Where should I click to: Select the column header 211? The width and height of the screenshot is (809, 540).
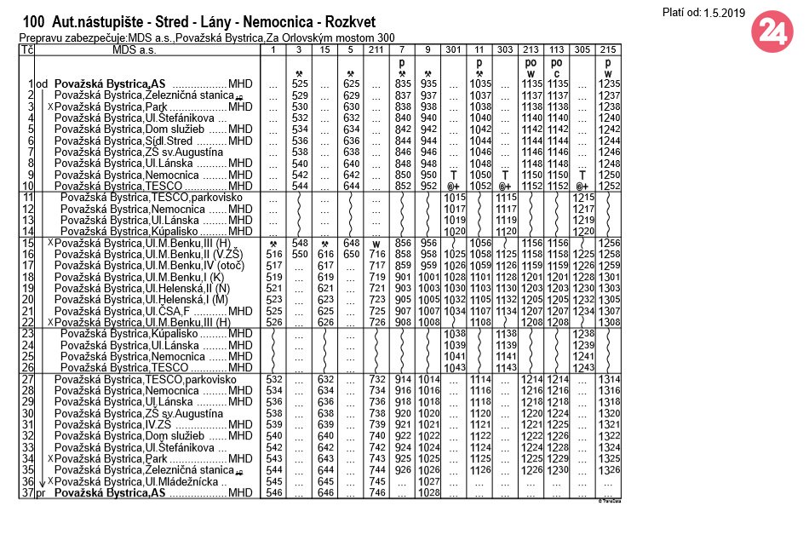[x=376, y=50]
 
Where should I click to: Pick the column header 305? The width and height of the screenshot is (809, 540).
[x=582, y=50]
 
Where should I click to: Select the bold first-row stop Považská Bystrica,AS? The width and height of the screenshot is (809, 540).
[x=109, y=83]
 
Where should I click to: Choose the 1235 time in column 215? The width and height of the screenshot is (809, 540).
[x=608, y=83]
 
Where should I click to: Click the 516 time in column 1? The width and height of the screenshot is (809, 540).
[x=274, y=254]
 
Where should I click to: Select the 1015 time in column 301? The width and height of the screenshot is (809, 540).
[x=453, y=198]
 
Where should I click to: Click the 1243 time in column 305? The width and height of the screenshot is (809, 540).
[x=582, y=366]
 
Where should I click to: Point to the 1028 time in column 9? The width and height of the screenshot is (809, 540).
[x=427, y=493]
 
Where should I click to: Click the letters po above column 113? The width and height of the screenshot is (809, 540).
[x=556, y=62]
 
